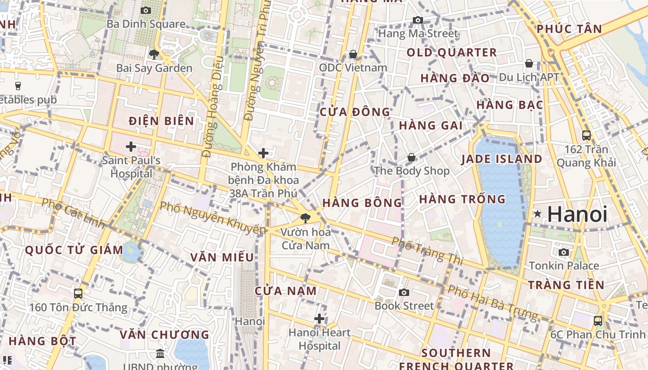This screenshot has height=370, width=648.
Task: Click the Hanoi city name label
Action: pos(577,214)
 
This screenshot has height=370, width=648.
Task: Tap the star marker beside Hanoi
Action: pos(537,214)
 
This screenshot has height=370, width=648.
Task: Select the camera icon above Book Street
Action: pos(404,292)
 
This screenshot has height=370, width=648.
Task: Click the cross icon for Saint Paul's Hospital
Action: pos(131,147)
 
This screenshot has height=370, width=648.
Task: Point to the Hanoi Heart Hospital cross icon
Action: pos(319,319)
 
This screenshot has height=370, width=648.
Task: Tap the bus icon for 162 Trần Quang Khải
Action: pos(586,136)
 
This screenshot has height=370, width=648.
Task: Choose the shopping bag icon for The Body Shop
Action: pos(411,158)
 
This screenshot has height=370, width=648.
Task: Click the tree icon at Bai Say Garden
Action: pos(154,55)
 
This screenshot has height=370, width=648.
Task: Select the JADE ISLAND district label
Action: pos(502,159)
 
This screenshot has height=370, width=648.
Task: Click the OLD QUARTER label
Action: pos(452,53)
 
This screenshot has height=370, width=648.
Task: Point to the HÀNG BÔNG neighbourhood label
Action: pos(362,203)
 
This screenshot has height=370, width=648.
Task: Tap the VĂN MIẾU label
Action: pos(222,257)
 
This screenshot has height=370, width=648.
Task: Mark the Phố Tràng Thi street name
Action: pos(427,251)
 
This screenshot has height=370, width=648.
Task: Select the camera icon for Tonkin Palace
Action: pos(564,252)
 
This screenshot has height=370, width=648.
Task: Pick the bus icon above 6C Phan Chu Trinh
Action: pos(598,321)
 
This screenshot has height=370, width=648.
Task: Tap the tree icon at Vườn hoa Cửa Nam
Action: pos(305,218)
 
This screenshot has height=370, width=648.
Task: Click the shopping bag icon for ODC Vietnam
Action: pos(353,55)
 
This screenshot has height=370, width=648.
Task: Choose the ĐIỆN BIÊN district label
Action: pos(162,121)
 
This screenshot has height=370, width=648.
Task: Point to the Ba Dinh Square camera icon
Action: pos(146,10)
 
